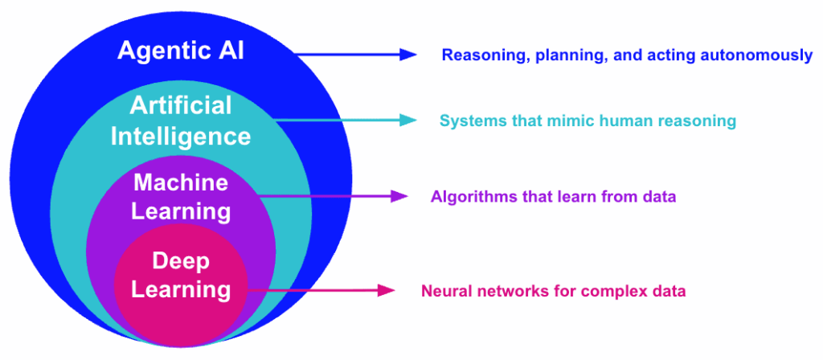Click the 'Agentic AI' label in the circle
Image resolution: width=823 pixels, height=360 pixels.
coord(181,51)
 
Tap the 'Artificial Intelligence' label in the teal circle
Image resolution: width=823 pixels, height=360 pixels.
coord(181,121)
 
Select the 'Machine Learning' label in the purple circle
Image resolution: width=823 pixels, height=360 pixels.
coord(181,197)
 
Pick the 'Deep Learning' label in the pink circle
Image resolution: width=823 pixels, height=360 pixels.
coord(181,275)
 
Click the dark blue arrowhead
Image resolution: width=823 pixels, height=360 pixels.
coord(408,55)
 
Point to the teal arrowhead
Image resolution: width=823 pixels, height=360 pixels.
coord(408,121)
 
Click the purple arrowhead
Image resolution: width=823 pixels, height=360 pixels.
coord(399,196)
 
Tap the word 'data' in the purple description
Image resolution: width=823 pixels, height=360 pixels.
coord(660,197)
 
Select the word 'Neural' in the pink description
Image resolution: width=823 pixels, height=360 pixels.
coord(444,291)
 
